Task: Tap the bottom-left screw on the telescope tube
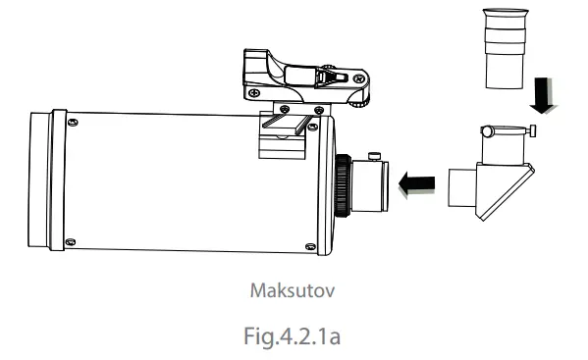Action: coord(70,241)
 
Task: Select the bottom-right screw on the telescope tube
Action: coord(310,245)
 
